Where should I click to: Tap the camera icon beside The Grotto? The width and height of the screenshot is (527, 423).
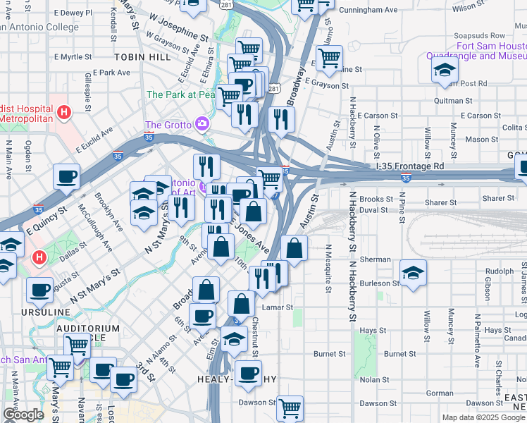coord(202,124)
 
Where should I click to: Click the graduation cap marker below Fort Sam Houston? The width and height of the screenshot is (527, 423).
coord(445,70)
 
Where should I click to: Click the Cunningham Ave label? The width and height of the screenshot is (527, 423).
coord(368,11)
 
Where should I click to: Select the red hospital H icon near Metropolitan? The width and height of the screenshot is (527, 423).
coord(64,111)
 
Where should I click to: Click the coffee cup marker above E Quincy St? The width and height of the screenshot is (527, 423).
coord(66,177)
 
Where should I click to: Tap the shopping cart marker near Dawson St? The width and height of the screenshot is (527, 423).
coord(290,407)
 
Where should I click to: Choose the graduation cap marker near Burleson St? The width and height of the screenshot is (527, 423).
coord(413,272)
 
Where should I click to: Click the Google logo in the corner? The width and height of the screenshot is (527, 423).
coord(23,415)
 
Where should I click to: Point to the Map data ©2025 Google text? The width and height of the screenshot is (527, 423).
coord(483,417)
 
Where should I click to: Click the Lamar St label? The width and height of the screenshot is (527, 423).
coord(279,307)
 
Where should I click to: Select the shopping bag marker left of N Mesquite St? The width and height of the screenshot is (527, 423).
coord(294,248)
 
